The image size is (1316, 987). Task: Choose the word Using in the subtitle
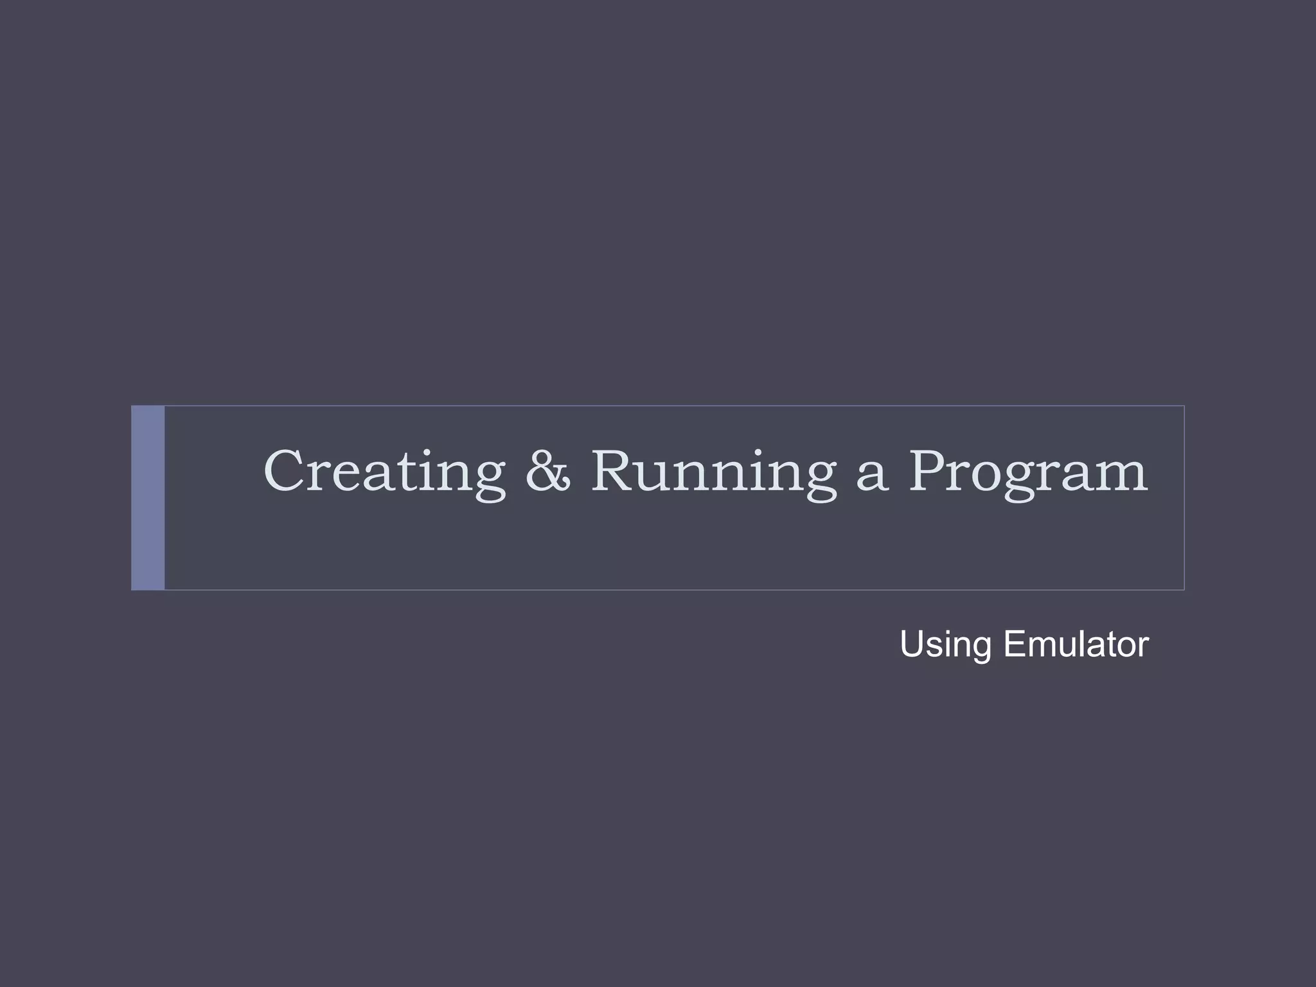(945, 645)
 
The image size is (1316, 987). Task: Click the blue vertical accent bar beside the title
(148, 497)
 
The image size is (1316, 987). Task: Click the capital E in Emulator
(1015, 645)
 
